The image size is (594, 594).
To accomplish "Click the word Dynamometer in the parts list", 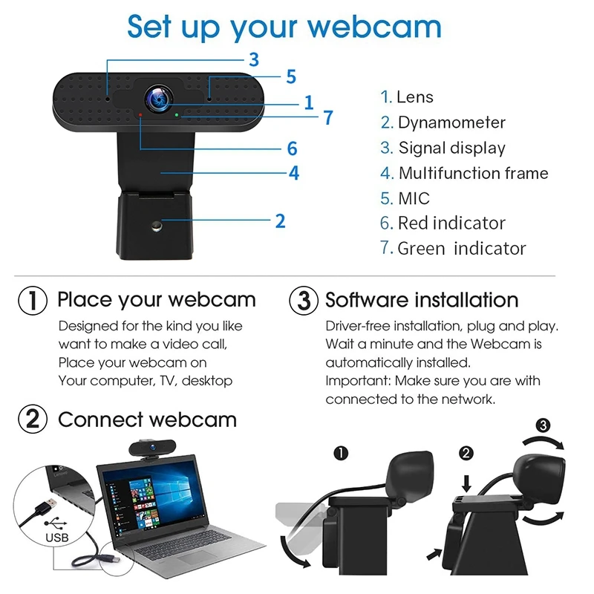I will pyautogui.click(x=451, y=123).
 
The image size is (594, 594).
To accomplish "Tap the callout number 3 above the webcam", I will pyautogui.click(x=253, y=59).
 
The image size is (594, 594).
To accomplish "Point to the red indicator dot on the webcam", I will pyautogui.click(x=140, y=115).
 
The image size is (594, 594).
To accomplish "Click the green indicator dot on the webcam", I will pyautogui.click(x=176, y=115).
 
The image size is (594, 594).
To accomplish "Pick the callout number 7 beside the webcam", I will pyautogui.click(x=327, y=117).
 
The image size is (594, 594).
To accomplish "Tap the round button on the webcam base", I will pyautogui.click(x=157, y=224).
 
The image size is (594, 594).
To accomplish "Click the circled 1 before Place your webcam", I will pyautogui.click(x=32, y=300).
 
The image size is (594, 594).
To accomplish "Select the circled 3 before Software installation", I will pyautogui.click(x=303, y=300).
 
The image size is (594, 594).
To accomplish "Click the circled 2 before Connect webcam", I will pyautogui.click(x=32, y=420).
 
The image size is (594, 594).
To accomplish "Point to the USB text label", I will pyautogui.click(x=57, y=537).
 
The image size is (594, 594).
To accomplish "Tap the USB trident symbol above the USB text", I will pyautogui.click(x=56, y=522).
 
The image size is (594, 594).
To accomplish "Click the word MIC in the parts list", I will pyautogui.click(x=414, y=198).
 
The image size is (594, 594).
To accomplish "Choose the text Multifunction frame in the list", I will pyautogui.click(x=473, y=173).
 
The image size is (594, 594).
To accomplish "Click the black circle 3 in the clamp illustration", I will pyautogui.click(x=543, y=425).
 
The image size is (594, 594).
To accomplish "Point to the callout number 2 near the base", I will pyautogui.click(x=280, y=221).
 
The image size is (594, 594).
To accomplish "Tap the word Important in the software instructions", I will pyautogui.click(x=356, y=381).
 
